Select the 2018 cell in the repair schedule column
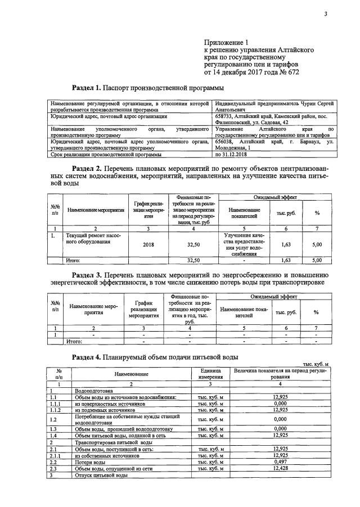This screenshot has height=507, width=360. pyautogui.click(x=148, y=245)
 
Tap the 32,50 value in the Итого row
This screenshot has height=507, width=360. pyautogui.click(x=193, y=260)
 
